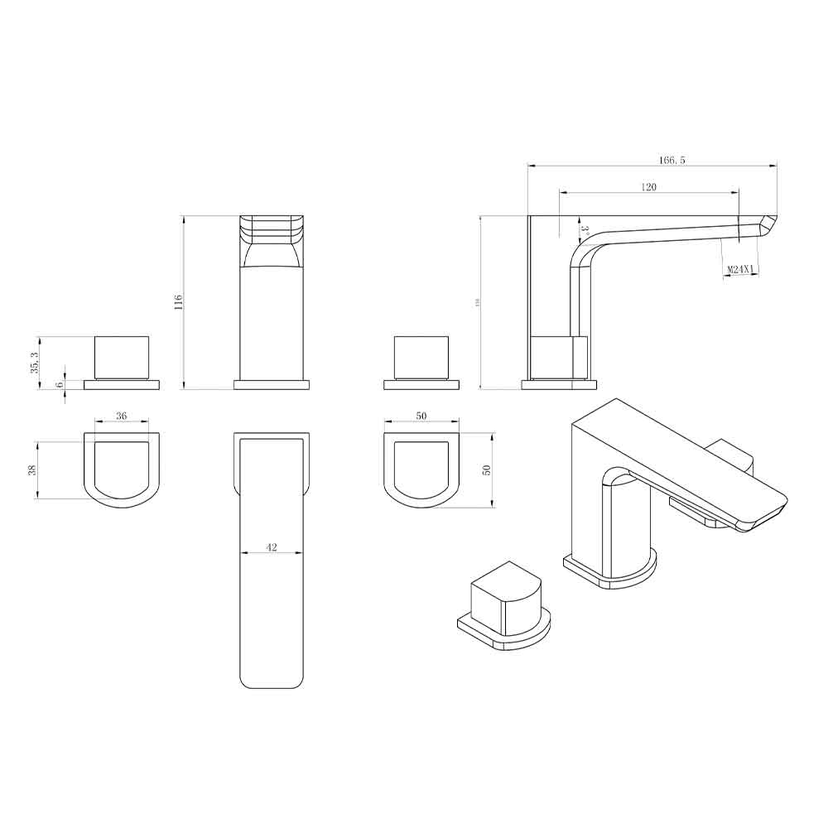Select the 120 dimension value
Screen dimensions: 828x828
coord(648,188)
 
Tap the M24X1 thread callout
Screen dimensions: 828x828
coord(739,270)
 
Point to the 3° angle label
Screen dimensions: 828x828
coord(584,230)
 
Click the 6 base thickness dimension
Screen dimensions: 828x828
coord(60,384)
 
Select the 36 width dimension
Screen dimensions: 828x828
coord(121,416)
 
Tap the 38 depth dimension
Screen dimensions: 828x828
coord(33,469)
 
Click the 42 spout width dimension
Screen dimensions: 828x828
coord(272,547)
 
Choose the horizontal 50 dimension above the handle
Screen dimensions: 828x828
coord(421,416)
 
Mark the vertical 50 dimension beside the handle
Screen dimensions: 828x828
coord(487,469)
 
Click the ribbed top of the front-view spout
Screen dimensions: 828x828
coord(272,228)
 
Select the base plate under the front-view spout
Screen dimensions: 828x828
coord(272,384)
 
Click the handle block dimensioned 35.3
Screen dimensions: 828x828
coord(123,357)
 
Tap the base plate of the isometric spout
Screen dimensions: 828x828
coord(611,574)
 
